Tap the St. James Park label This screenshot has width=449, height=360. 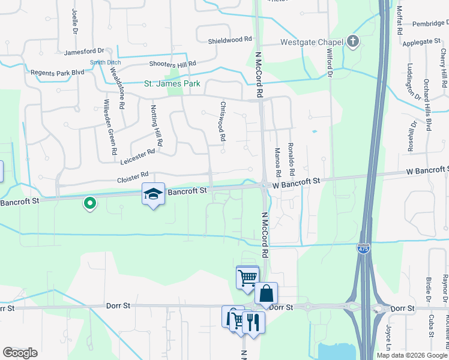172,84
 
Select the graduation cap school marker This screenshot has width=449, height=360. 153,194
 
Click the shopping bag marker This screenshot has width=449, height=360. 266,293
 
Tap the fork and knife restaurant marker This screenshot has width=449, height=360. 253,323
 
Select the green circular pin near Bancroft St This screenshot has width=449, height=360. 90,204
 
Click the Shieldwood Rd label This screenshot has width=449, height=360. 230,40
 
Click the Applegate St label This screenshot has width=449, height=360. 421,41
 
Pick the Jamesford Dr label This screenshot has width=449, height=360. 84,52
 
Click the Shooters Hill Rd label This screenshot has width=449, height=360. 173,64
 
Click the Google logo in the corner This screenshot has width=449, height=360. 20,353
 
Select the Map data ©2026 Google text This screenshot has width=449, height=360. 412,355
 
